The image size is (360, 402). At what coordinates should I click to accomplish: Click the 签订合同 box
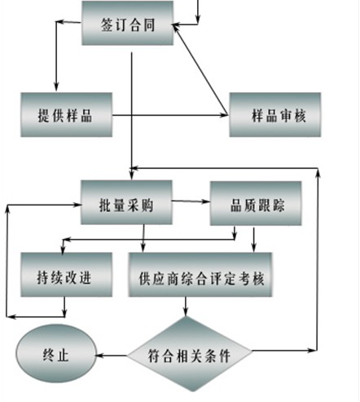pos(128,23)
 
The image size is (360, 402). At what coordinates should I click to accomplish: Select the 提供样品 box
pos(67,115)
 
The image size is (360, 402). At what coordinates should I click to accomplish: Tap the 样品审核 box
pos(275,115)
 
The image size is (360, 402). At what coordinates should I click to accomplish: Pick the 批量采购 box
pos(126,202)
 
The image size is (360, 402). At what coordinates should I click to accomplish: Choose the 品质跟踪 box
pos(256,203)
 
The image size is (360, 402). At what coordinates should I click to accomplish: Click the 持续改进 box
pos(67,275)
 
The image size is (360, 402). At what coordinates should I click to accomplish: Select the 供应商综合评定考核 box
pos(200,275)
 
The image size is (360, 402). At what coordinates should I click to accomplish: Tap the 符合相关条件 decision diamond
pos(190,354)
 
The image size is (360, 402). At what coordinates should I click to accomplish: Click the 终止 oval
pos(56,353)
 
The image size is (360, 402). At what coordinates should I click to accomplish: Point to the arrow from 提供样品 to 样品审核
pos(171,115)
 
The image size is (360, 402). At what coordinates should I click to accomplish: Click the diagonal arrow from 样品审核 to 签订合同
pos(200,69)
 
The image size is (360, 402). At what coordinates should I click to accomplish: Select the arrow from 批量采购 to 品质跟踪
pos(191,201)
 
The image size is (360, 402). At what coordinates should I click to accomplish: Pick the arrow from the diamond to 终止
pos(112,356)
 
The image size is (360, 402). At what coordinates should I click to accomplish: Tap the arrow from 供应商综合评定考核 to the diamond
pos(186,307)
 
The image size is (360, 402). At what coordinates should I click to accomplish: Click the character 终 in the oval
pos(49,355)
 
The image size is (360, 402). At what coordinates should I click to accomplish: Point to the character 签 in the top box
pos(107,24)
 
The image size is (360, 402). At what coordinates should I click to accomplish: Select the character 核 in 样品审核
pos(300,116)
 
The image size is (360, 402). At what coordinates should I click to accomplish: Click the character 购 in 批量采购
pos(147,205)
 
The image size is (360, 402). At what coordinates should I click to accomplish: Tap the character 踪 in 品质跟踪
pos(279,205)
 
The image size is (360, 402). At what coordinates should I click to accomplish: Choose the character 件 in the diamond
pos(225,356)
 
